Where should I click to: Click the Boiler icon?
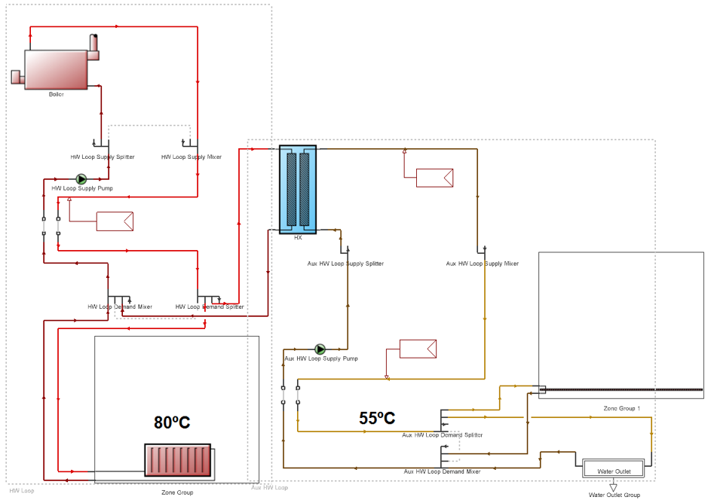point(57,69)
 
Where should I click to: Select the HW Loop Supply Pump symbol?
point(82,179)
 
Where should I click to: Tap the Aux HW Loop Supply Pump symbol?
point(320,349)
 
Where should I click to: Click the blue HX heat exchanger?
point(298,190)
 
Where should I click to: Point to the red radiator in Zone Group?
point(178,461)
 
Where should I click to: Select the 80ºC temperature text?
point(173,423)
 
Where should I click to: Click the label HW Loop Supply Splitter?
point(103,157)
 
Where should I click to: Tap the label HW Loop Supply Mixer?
point(192,157)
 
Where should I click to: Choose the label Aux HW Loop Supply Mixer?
point(483,264)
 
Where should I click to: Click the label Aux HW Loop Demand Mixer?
point(441,471)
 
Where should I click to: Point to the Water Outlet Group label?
point(614,495)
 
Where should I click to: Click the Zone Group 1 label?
point(621,408)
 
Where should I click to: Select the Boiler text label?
point(57,94)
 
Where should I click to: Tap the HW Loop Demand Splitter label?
point(210,306)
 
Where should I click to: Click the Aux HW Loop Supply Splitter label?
point(346,264)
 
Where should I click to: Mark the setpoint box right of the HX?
point(434,178)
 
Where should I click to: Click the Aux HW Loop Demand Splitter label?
point(443,434)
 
